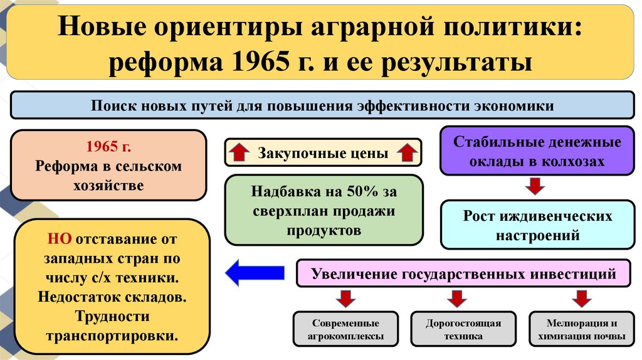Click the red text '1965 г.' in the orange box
109,147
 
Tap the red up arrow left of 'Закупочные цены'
239,152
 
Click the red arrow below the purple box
535,186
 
